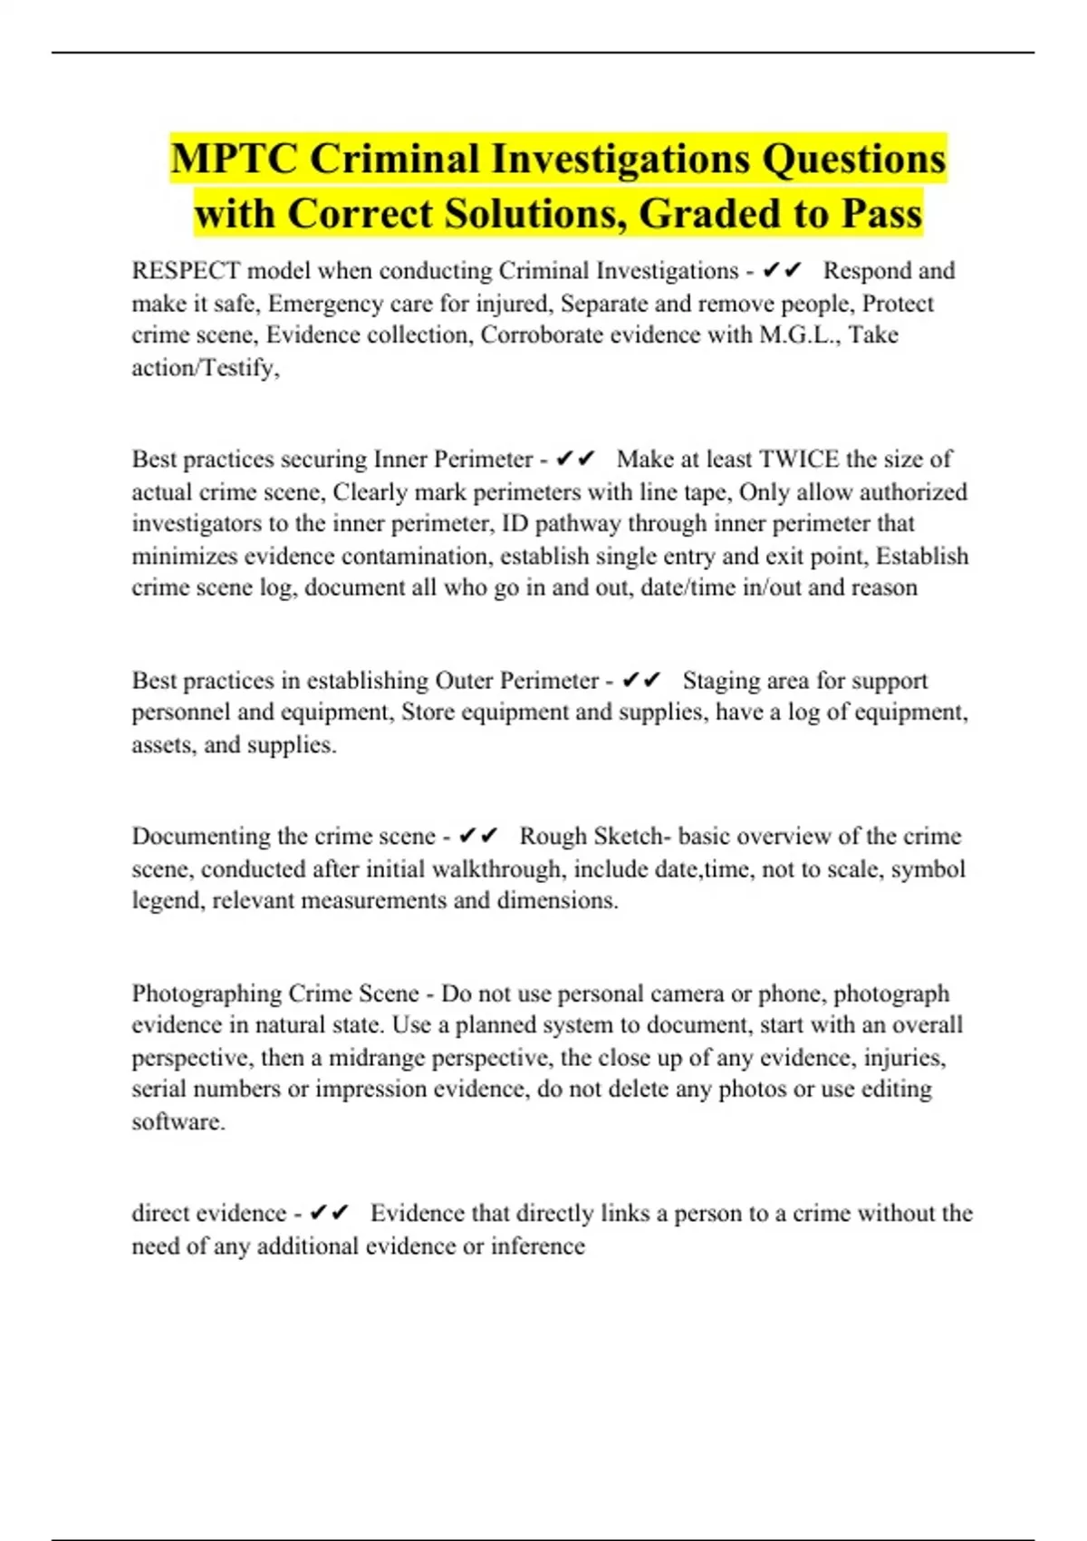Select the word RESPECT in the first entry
(186, 271)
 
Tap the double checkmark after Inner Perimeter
(575, 460)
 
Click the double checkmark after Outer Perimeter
(641, 681)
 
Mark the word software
(177, 1122)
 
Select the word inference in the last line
(538, 1246)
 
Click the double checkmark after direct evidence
(329, 1214)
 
